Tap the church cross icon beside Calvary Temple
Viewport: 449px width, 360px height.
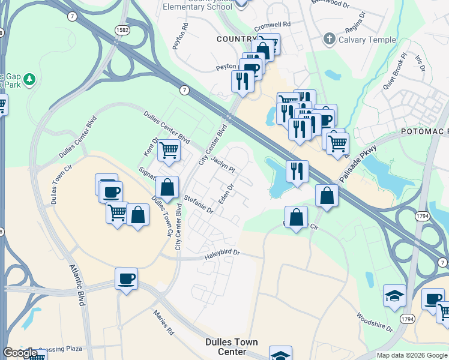pyautogui.click(x=328, y=40)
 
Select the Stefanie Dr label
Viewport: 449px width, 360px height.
pyautogui.click(x=199, y=204)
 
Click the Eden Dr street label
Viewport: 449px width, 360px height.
pyautogui.click(x=225, y=193)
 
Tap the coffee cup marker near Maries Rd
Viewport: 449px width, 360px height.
pyautogui.click(x=126, y=279)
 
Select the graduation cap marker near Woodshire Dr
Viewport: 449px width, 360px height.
pyautogui.click(x=394, y=295)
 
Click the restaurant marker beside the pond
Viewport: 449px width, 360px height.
pyautogui.click(x=297, y=171)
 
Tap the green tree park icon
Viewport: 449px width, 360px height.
pyautogui.click(x=28, y=79)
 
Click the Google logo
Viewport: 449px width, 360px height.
pyautogui.click(x=20, y=353)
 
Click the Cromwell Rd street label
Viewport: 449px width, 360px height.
pyautogui.click(x=272, y=25)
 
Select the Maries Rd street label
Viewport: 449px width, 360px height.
pyautogui.click(x=163, y=322)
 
